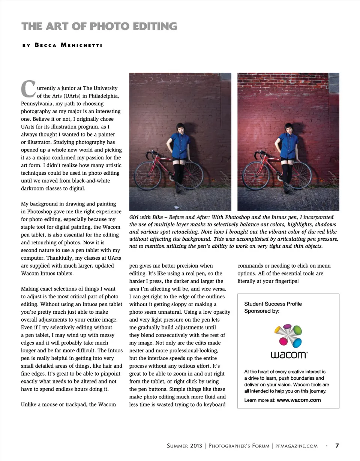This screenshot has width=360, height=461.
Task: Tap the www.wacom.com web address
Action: [299, 400]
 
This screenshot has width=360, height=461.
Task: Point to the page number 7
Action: [337, 446]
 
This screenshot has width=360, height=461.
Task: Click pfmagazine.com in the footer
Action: [296, 446]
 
